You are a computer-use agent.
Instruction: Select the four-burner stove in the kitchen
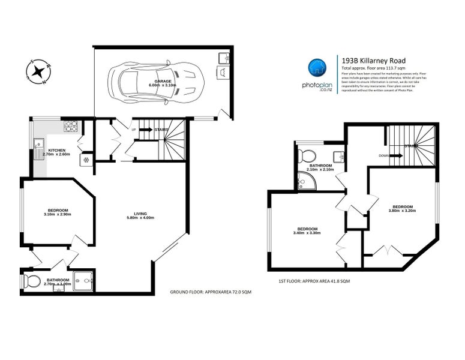click(x=71, y=127)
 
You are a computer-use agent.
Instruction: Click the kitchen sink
click(x=38, y=146)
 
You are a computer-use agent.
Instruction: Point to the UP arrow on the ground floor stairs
click(x=145, y=129)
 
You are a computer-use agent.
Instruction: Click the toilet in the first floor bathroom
click(x=306, y=155)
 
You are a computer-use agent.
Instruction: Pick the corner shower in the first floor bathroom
click(x=303, y=180)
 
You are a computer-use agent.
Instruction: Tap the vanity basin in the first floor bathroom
click(x=339, y=156)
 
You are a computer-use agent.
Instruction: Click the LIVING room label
click(x=141, y=213)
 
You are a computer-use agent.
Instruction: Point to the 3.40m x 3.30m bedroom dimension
click(x=308, y=233)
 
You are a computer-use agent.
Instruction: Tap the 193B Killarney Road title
click(x=373, y=61)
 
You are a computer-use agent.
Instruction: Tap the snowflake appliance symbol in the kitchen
click(x=86, y=160)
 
